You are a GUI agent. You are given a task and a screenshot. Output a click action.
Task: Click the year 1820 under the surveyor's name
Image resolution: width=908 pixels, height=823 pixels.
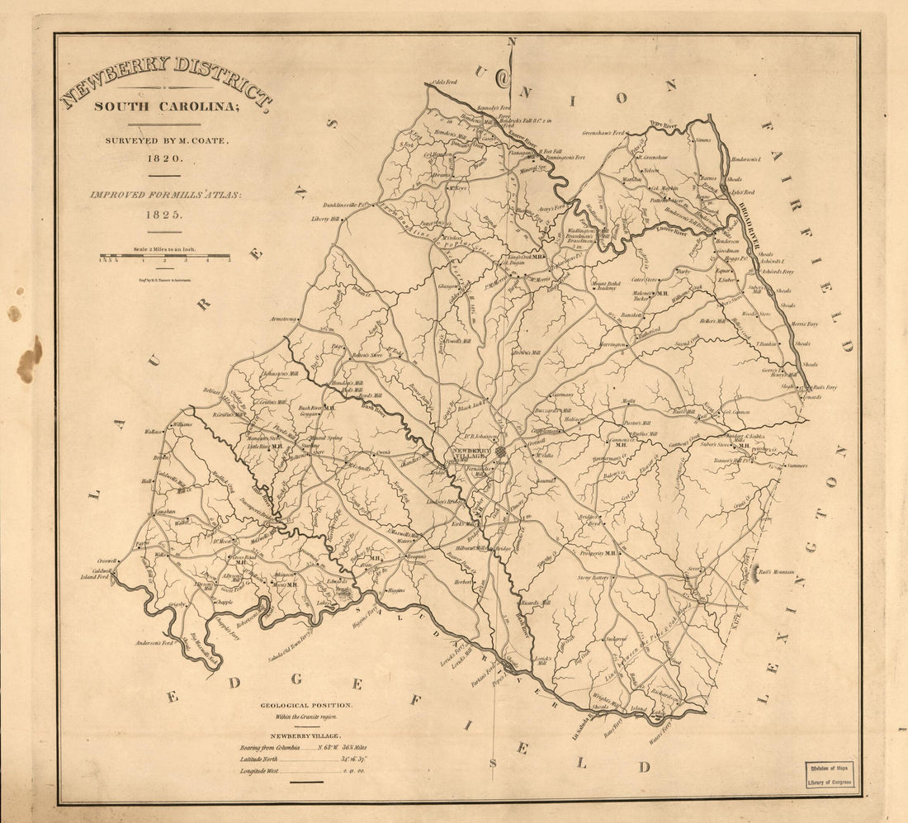(x=163, y=157)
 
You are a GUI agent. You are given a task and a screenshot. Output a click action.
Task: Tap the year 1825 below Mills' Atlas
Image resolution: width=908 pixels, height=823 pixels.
(x=163, y=214)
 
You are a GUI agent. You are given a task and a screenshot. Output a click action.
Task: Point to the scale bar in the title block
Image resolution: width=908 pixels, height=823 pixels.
(x=164, y=257)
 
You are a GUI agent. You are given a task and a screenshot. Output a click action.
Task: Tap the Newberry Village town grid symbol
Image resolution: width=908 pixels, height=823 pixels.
(x=499, y=452)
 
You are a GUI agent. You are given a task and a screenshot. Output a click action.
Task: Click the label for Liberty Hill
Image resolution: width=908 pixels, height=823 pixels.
(x=324, y=219)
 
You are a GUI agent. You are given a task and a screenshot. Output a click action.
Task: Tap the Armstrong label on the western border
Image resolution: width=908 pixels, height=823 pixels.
(x=282, y=319)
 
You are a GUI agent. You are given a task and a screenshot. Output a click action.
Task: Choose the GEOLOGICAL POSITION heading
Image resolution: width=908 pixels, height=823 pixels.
(x=306, y=705)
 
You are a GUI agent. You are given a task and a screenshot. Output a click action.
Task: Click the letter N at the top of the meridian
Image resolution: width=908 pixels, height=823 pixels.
(x=511, y=41)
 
